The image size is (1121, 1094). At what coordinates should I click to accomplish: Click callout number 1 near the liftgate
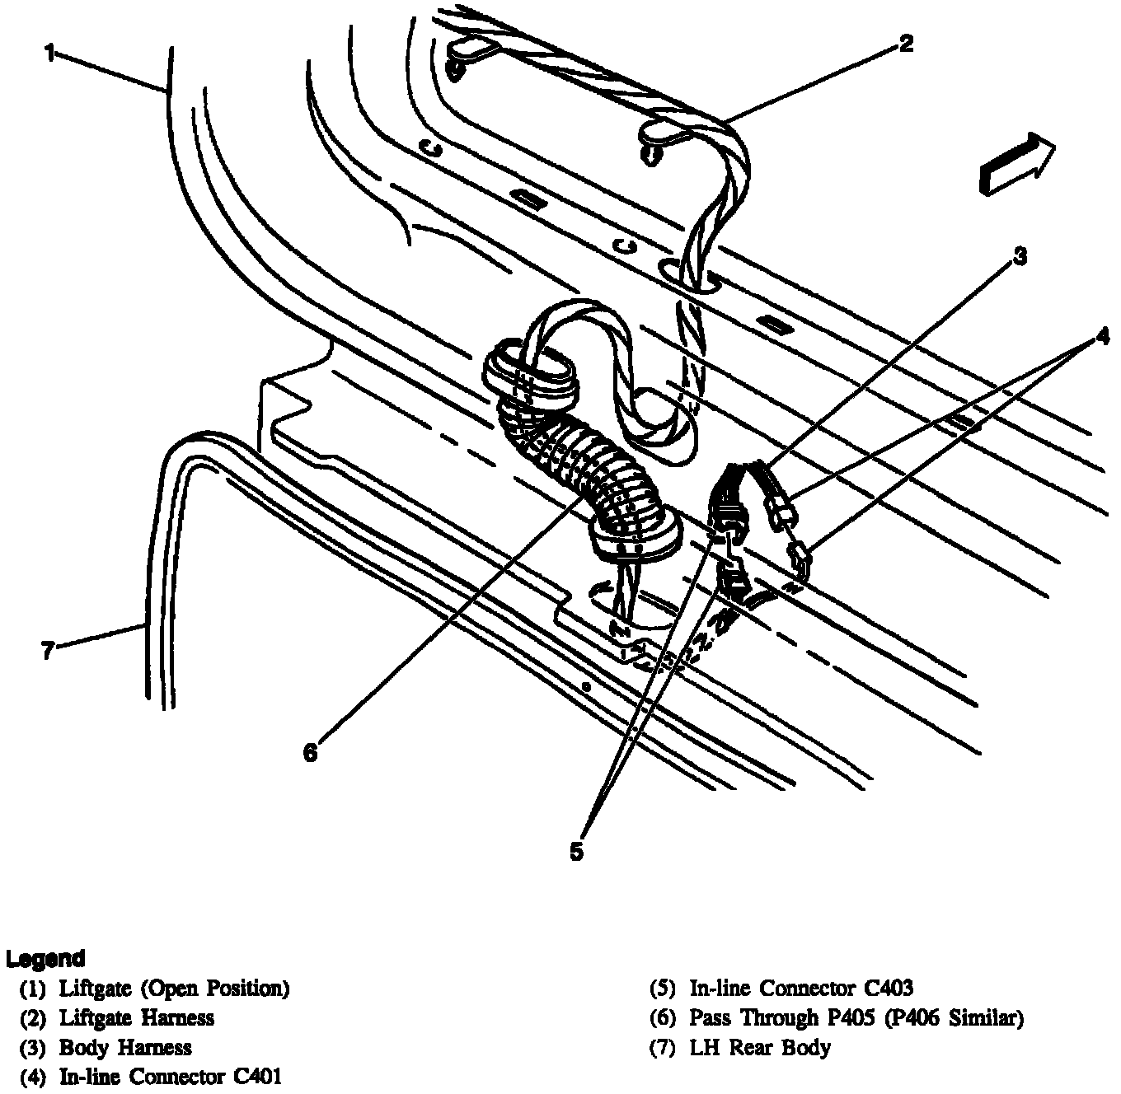[49, 54]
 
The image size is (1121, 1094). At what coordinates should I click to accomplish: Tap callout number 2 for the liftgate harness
[906, 43]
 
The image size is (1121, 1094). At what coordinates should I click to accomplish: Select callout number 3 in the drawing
[1020, 257]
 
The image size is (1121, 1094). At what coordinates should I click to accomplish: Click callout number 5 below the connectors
[576, 852]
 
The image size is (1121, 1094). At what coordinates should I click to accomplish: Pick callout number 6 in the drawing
[310, 752]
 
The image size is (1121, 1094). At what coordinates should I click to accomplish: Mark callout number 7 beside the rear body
[48, 652]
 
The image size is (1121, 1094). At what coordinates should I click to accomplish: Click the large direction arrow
[1016, 166]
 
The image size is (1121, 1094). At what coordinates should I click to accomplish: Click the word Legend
[45, 959]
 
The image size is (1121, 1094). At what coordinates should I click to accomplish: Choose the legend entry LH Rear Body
[760, 1048]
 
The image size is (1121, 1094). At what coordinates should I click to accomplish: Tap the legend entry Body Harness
[125, 1048]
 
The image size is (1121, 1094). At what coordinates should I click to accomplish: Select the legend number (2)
[33, 1018]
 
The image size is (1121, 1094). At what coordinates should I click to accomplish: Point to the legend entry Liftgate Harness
[137, 1018]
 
